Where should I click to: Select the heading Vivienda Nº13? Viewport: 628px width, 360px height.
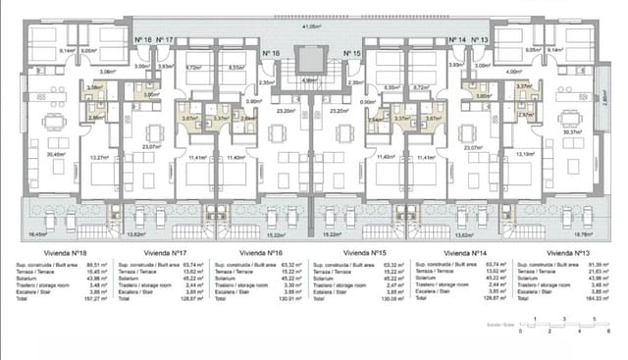[x=567, y=252]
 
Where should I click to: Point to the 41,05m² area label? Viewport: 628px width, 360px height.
[x=311, y=26]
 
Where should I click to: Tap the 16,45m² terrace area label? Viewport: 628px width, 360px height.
[x=36, y=235]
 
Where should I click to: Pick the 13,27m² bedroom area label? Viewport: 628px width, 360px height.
[x=98, y=155]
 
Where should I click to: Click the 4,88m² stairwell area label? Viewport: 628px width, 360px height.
[x=310, y=79]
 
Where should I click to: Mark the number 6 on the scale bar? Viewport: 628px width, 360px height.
[x=608, y=334]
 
